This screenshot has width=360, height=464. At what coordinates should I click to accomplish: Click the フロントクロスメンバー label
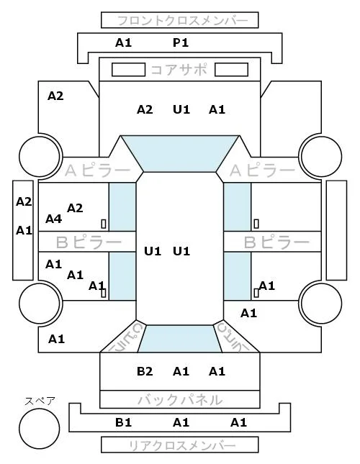182,21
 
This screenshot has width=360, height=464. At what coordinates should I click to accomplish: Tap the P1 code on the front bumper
181,43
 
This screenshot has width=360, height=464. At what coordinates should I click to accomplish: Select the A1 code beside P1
123,43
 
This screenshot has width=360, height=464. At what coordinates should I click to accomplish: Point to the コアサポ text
179,70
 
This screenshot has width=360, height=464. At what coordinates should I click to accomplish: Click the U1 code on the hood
181,110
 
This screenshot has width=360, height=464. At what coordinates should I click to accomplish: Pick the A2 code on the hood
145,110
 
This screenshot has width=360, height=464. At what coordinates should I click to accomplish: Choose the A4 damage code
53,219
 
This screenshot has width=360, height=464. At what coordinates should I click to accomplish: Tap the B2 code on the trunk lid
145,371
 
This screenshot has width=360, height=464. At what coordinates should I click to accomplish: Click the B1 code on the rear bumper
123,422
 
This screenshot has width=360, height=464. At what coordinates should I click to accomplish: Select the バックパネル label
180,400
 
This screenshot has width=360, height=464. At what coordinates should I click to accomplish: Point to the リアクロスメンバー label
182,445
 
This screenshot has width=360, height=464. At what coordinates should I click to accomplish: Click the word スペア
40,401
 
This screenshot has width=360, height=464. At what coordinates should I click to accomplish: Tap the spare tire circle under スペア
40,429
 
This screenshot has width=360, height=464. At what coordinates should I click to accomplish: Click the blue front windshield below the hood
180,153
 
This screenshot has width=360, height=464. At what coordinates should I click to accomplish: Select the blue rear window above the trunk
180,339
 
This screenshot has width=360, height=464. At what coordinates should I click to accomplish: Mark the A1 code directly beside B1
181,422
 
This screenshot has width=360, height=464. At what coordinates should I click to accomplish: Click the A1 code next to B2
181,371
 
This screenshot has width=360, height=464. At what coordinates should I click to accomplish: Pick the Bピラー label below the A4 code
89,242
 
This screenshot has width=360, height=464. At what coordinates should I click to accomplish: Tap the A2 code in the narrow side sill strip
24,202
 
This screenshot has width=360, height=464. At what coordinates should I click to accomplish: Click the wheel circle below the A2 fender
40,156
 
